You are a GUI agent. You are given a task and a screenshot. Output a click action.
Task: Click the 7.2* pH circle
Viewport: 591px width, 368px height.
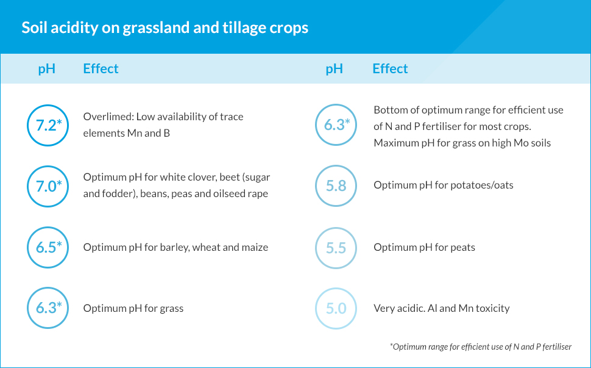28,125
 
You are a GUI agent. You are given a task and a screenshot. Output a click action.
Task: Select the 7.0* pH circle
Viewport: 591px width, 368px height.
28,187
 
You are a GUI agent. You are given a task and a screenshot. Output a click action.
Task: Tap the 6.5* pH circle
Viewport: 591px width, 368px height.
28,247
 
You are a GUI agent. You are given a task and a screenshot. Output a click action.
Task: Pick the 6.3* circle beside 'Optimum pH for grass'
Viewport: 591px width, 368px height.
28,308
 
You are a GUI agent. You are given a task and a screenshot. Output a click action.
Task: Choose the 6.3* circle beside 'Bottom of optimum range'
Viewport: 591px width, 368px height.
316,125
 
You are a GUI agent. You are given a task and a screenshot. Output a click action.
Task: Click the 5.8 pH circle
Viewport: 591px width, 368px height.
316,186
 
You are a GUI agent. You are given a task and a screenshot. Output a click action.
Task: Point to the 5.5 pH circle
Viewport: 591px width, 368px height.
316,248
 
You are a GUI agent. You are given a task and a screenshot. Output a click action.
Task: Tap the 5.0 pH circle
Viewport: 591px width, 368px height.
316,308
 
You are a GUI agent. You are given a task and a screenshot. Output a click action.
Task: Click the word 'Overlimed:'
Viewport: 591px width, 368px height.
108,117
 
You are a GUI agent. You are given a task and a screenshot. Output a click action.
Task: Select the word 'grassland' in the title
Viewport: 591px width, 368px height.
156,28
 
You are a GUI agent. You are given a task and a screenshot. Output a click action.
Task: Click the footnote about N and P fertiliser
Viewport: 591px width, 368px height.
481,347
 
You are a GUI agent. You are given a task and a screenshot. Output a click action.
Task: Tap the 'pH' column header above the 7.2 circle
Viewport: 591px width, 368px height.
47,69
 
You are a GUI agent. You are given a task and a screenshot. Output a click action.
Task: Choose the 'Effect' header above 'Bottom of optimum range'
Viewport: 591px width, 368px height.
390,69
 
